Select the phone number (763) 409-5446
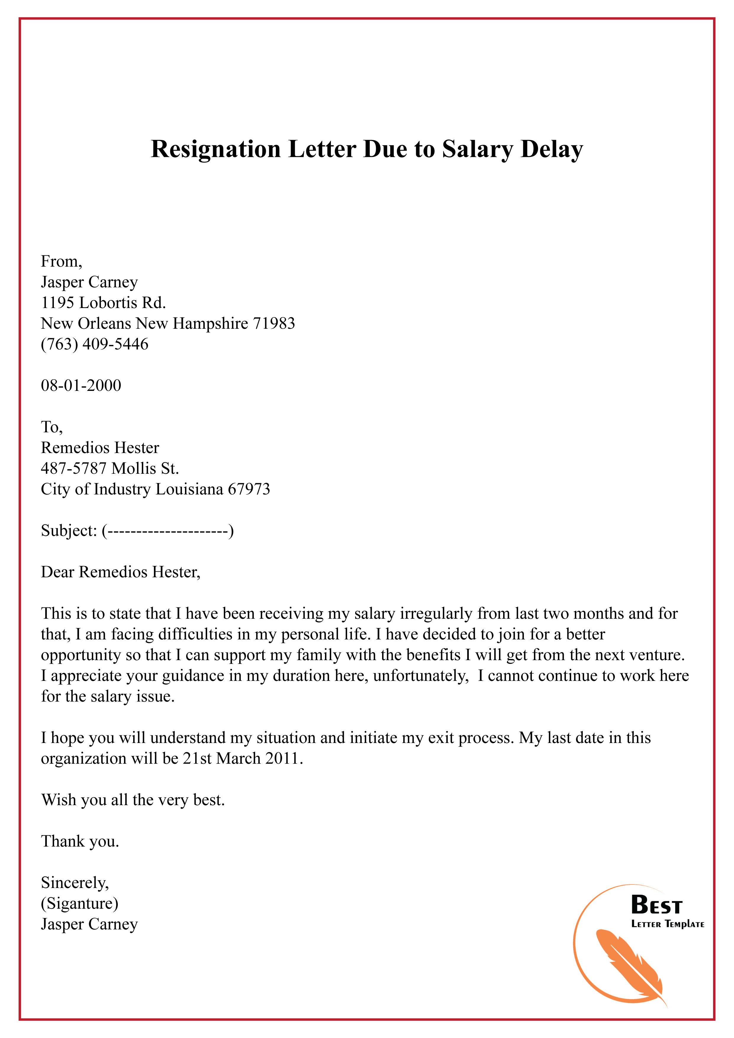click(x=94, y=344)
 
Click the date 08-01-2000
click(x=81, y=386)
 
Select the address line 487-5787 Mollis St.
click(x=110, y=468)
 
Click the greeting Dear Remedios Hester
click(x=120, y=572)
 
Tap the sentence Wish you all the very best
click(x=133, y=800)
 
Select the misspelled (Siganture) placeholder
click(x=80, y=904)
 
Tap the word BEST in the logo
click(x=656, y=905)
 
